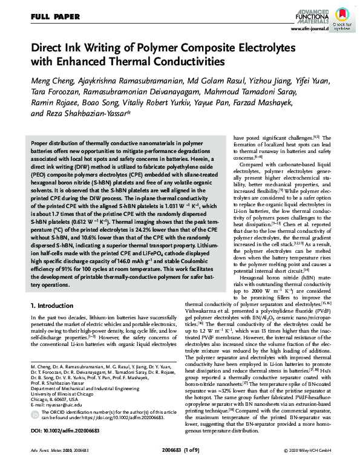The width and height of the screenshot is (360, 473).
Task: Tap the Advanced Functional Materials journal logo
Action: (309, 15)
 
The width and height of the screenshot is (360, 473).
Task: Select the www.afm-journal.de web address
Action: (309, 28)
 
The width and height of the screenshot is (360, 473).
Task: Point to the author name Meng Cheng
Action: (53, 81)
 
